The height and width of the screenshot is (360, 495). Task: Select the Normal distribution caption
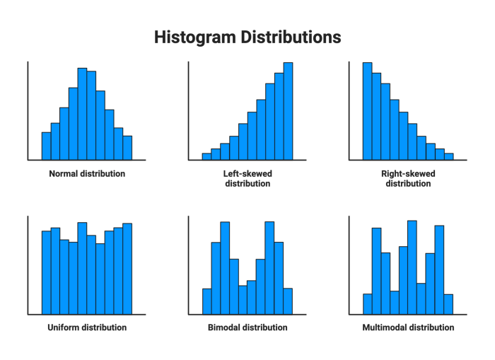click(87, 173)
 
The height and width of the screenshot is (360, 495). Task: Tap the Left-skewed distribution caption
click(248, 178)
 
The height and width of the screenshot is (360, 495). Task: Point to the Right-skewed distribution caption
click(408, 178)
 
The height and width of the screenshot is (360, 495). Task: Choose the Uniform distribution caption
click(87, 327)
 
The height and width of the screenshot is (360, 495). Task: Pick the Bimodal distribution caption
click(248, 327)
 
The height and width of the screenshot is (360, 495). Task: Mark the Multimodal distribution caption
click(408, 327)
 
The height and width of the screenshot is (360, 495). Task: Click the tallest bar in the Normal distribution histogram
click(82, 114)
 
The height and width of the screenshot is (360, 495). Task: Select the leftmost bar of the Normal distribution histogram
click(46, 146)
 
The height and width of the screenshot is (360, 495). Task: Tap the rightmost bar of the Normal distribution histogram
click(127, 148)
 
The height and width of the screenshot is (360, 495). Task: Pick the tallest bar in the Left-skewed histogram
click(288, 111)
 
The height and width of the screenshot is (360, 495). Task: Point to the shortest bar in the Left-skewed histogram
click(206, 156)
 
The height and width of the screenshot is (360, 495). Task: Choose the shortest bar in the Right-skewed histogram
click(448, 156)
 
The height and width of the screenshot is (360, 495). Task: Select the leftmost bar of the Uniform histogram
click(46, 272)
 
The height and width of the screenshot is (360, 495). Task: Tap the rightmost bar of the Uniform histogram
click(127, 269)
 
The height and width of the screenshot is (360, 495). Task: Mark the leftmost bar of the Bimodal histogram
click(206, 301)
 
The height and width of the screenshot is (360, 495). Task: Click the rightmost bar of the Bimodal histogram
click(288, 301)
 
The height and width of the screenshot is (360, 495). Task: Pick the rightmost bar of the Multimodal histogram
click(448, 304)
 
